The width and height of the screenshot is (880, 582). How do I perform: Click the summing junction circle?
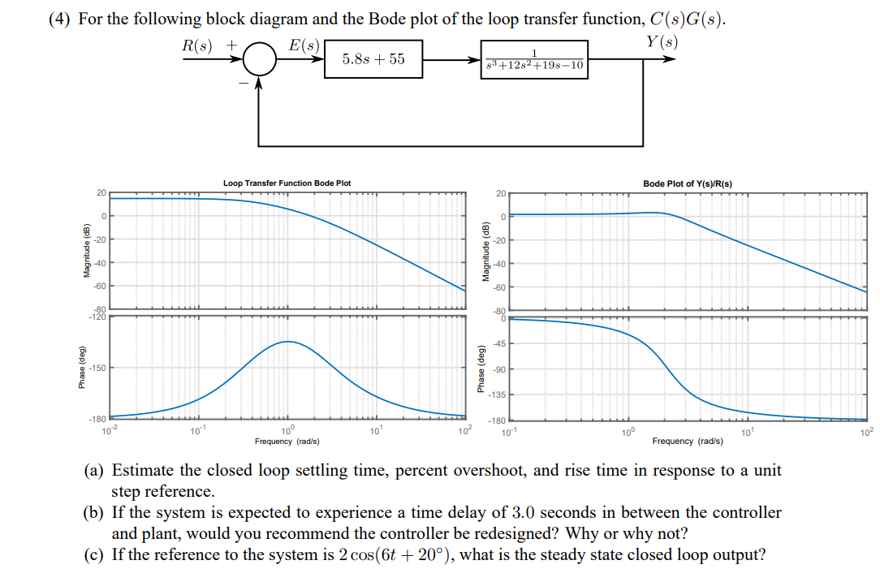[259, 60]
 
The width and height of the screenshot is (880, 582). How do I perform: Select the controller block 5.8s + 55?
[373, 59]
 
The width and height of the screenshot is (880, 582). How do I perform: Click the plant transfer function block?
[534, 60]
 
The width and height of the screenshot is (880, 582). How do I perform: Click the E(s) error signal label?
[304, 45]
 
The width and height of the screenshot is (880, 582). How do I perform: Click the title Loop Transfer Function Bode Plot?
[287, 183]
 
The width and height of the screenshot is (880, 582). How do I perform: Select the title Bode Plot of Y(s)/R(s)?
[687, 183]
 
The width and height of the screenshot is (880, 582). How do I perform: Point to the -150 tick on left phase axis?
[97, 369]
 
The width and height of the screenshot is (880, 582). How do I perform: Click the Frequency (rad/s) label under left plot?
[287, 442]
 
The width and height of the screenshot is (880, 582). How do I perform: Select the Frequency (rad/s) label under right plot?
[684, 442]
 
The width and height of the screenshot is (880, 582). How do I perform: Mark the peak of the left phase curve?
[287, 342]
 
